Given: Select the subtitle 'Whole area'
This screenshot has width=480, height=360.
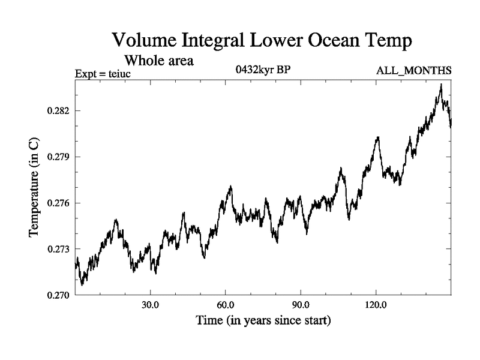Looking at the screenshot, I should (x=158, y=61).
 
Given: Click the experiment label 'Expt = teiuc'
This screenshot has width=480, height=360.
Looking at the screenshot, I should (x=103, y=74).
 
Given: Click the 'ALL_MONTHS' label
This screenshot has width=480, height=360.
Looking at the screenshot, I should (x=413, y=71).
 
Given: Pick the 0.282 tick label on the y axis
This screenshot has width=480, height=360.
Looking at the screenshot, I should (x=59, y=111).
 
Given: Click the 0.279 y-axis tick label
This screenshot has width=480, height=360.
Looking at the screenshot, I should (x=59, y=157).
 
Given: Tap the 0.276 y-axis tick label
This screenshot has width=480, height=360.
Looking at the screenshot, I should (x=59, y=203).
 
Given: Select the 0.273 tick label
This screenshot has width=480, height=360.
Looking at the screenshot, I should (x=59, y=249).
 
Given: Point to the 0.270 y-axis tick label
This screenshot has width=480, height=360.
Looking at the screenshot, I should (x=59, y=295).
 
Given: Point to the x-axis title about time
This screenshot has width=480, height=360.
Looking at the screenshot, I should (x=263, y=321).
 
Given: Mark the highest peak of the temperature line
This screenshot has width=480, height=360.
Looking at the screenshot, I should (x=441, y=85).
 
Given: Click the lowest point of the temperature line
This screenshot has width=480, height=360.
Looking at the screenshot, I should (x=82, y=284).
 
